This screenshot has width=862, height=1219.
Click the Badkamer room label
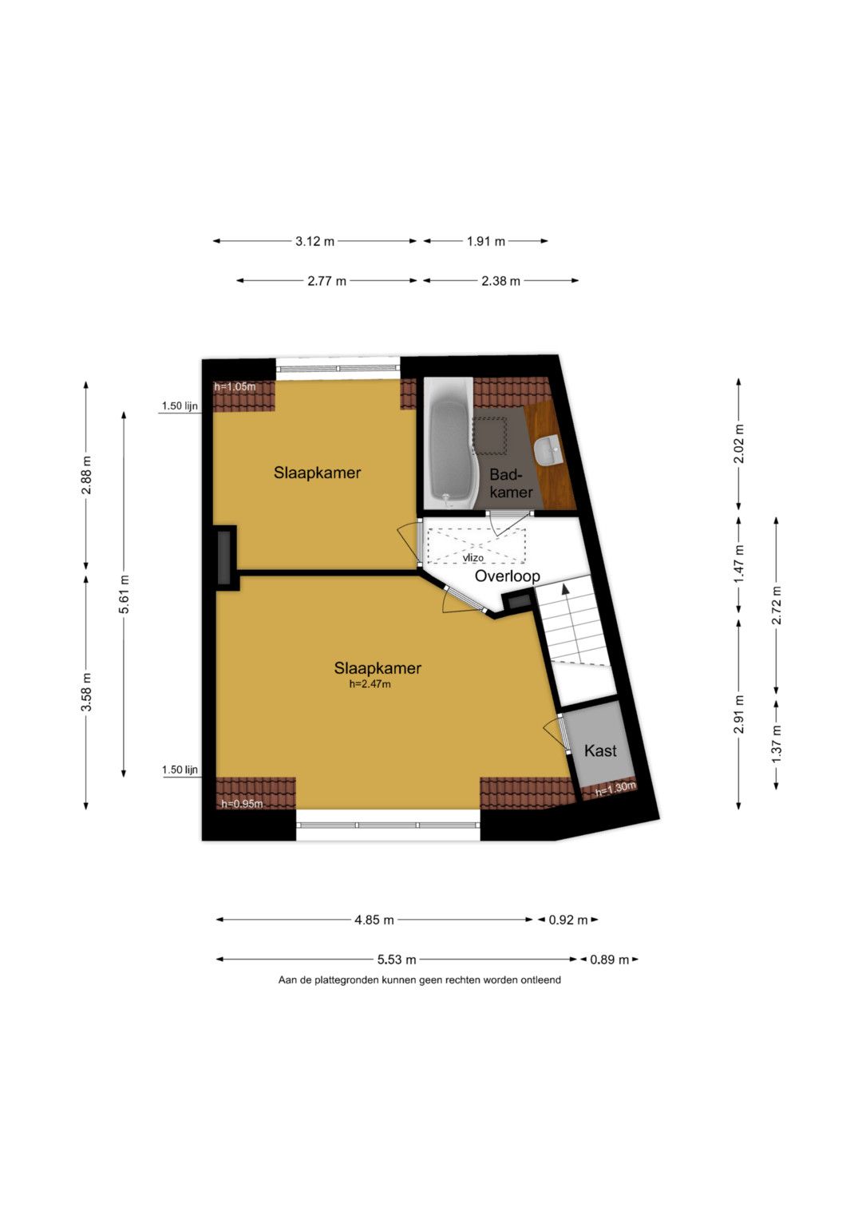pos(511,483)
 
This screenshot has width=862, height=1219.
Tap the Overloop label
pos(507,576)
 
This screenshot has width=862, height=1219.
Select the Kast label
pos(600,751)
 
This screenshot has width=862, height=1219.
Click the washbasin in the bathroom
pos(547,450)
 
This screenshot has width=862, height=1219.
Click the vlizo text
pos(473,558)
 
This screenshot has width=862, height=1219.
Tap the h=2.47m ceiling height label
pos(370,684)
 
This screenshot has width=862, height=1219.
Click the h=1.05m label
pos(235,387)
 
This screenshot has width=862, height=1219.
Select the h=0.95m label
pos(242,804)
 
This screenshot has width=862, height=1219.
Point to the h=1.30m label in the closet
pos(615,788)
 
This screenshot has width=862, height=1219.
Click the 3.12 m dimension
pos(315,241)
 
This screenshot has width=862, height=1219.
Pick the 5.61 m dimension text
pos(125,594)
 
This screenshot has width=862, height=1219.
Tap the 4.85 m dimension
pos(374,920)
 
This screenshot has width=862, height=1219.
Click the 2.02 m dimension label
pos(739,443)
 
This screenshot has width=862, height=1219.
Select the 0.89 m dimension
pos(610,960)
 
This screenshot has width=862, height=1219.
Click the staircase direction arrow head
pos(565,588)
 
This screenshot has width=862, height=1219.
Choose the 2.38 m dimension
pos(500,281)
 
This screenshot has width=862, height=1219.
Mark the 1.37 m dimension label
pos(777,744)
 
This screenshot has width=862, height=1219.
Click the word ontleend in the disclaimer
pos(540,980)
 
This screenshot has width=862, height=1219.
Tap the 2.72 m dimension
pos(777,605)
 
